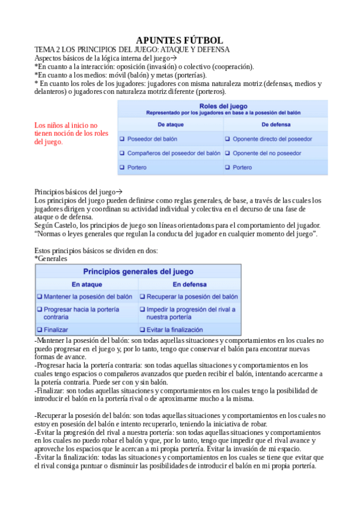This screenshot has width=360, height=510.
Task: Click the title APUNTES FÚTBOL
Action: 180,40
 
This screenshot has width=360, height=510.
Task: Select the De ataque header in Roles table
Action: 170,124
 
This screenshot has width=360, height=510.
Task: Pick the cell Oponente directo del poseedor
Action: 272,139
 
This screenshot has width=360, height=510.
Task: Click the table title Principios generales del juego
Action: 138,271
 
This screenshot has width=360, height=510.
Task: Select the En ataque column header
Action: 87,284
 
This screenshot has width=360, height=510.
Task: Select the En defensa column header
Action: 190,284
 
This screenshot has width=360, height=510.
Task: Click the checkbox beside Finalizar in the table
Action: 40,330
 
